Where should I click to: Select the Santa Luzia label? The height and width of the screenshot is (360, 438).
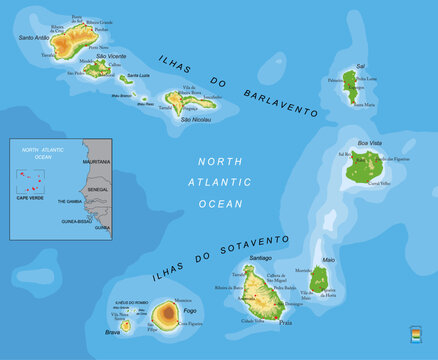tap(138, 76)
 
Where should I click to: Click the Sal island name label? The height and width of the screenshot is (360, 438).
tap(359, 67)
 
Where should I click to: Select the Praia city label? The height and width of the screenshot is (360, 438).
tap(286, 323)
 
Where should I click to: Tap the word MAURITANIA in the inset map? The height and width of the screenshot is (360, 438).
tap(97, 161)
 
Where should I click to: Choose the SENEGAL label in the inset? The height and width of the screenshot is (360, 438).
tap(98, 188)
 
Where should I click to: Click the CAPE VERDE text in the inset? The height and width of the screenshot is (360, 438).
tap(30, 197)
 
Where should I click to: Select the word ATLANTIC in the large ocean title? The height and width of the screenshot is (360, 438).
tap(219, 182)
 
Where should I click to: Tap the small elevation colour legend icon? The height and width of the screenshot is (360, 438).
tap(416, 333)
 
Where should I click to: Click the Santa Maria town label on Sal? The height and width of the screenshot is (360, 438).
tap(365, 103)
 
